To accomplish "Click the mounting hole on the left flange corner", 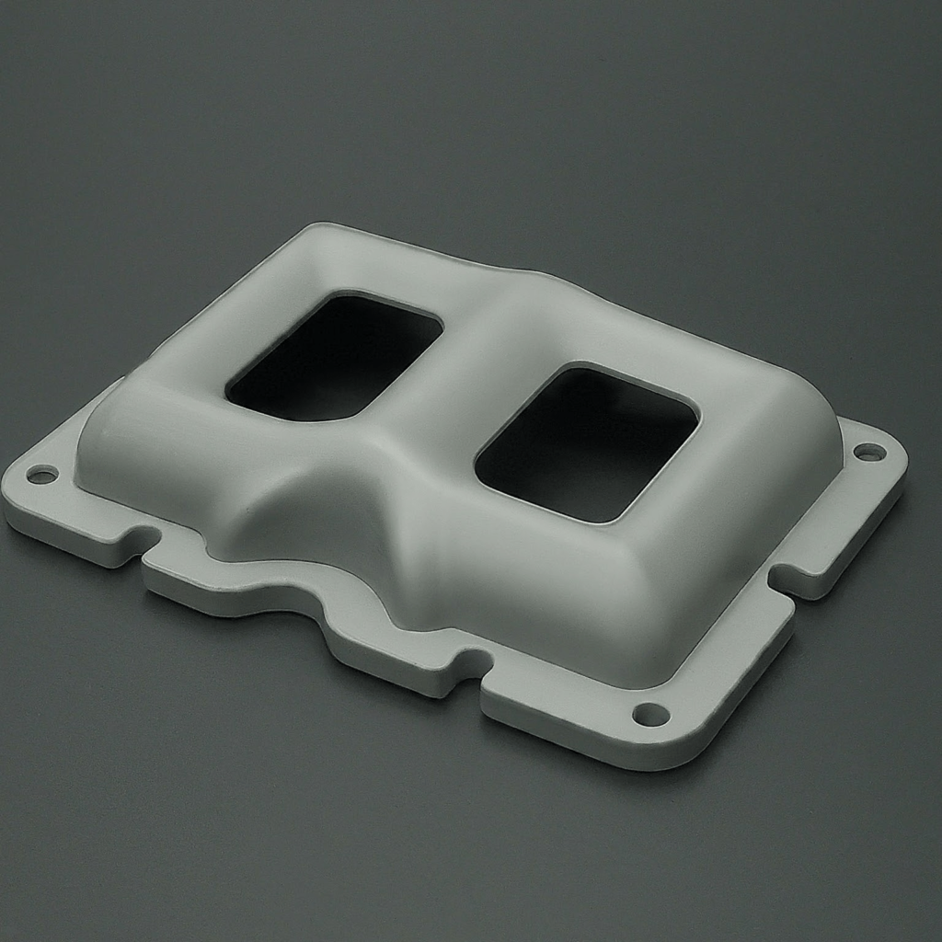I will click(x=41, y=475).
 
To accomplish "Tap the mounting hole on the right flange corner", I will click(x=868, y=452).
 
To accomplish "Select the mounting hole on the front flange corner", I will click(x=650, y=714).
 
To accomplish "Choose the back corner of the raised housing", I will click(x=317, y=230).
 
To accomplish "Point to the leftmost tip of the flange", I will click(x=7, y=497).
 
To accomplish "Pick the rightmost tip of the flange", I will click(x=903, y=460).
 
